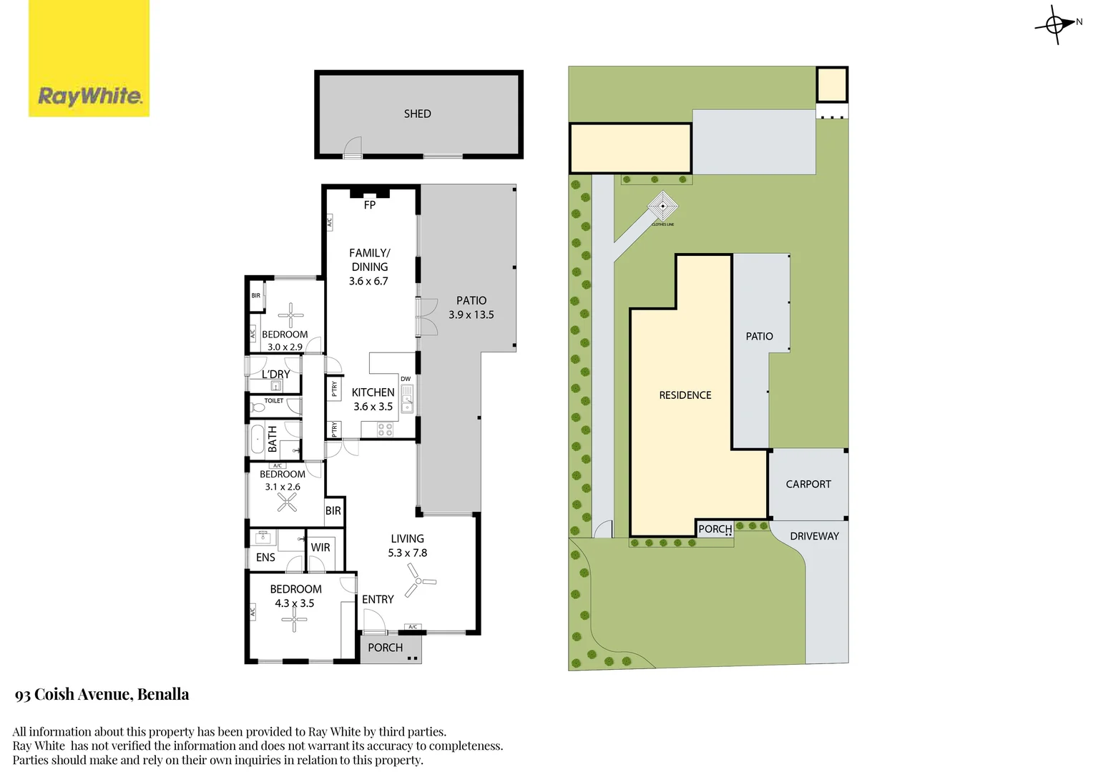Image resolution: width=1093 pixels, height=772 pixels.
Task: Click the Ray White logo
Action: (x=89, y=59)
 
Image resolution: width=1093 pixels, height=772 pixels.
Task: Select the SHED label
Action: (x=417, y=114)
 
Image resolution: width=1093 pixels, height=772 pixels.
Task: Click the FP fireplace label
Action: (x=369, y=205)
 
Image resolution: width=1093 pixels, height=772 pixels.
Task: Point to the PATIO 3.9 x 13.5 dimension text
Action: (x=471, y=315)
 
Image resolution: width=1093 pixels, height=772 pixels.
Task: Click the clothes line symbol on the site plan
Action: (x=663, y=206)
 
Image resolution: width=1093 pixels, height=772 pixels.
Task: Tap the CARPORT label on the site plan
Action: (x=808, y=484)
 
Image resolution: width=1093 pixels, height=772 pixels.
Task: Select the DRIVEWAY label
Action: (x=814, y=536)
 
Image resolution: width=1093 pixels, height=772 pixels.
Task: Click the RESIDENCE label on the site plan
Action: (x=685, y=395)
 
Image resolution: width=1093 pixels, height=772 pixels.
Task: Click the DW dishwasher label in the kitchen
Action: (x=406, y=379)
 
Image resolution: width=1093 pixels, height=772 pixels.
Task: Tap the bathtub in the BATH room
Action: (x=257, y=439)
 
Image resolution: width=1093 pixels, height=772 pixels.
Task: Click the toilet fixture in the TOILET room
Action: (x=258, y=407)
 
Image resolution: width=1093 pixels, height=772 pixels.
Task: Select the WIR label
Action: (x=320, y=548)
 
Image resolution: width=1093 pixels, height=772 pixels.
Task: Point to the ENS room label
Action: (x=265, y=558)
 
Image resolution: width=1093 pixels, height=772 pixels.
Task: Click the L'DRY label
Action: (x=275, y=375)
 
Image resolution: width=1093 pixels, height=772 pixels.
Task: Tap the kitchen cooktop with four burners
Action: (x=385, y=430)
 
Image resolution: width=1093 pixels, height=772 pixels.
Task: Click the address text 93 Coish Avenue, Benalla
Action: (x=102, y=695)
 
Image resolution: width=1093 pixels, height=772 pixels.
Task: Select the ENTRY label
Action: (x=378, y=600)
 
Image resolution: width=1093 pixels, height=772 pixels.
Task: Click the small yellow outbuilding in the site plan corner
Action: (x=832, y=85)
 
